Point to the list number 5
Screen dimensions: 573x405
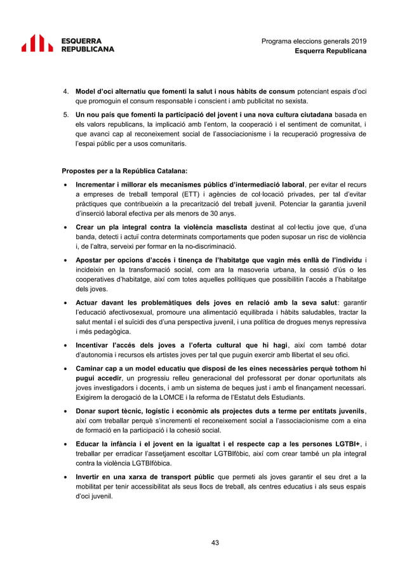[65, 114]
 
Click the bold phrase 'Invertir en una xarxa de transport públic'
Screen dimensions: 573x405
[145, 476]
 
